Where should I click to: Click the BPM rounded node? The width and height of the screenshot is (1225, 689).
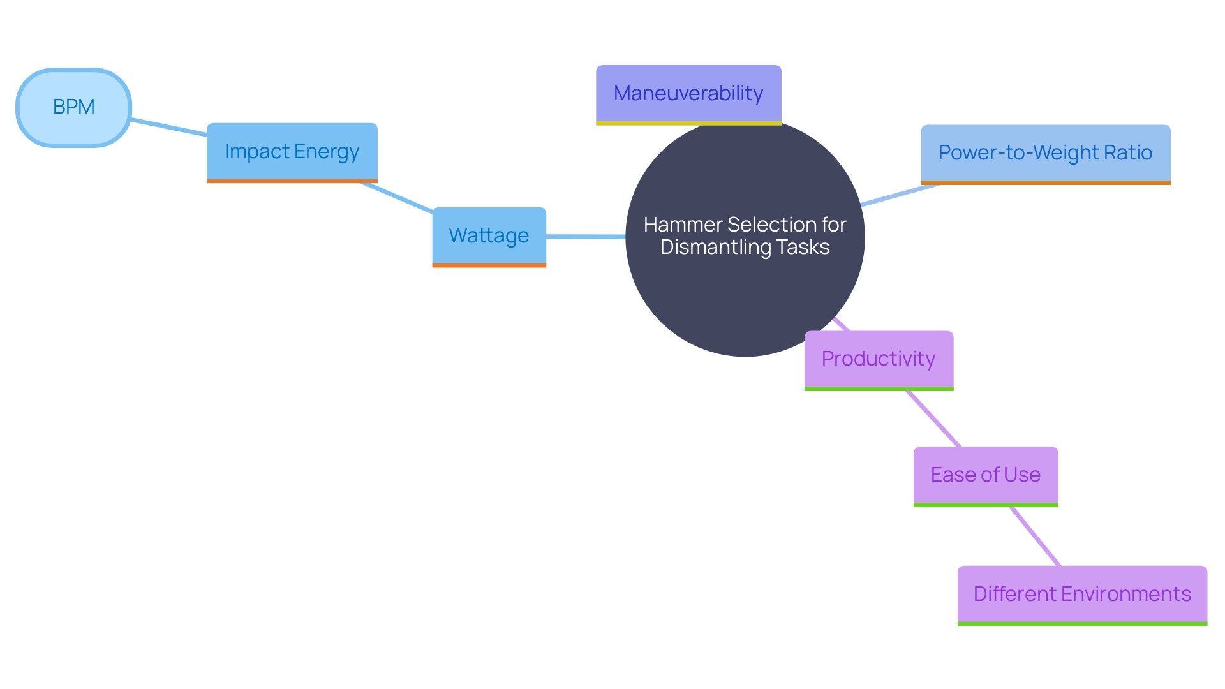click(73, 107)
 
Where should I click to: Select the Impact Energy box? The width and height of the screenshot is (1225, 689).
click(292, 152)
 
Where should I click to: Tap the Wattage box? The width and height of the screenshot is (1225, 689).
click(489, 235)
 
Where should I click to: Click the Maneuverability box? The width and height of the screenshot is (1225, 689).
click(688, 94)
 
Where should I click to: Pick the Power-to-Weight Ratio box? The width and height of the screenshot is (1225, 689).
click(1045, 153)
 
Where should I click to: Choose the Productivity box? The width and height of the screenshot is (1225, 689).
click(878, 359)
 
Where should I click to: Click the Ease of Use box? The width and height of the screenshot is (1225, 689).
click(985, 475)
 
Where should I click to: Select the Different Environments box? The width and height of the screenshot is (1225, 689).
click(1081, 595)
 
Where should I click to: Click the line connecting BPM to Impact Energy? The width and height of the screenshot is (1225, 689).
click(169, 127)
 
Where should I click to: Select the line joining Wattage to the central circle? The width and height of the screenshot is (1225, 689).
click(586, 237)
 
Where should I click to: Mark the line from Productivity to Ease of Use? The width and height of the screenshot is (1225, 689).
click(933, 419)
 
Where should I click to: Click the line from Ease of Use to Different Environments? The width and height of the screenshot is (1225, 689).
click(1034, 536)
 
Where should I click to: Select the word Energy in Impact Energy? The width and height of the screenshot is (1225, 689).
click(326, 152)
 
